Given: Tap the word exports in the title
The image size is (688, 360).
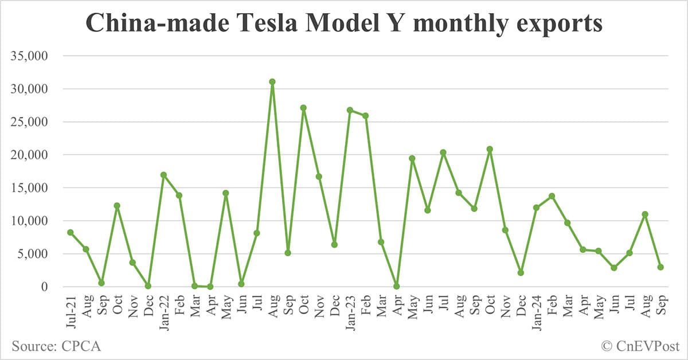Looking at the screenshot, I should (554, 24).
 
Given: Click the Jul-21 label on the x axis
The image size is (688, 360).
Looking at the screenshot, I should (70, 310).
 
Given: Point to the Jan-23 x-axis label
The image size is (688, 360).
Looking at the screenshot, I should (349, 310).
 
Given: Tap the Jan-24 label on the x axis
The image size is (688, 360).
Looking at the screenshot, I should (535, 310).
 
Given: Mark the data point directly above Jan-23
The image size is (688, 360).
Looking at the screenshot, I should (350, 110).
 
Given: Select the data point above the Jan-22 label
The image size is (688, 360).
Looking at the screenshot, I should (163, 175).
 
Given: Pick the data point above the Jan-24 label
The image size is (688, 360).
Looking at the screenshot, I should (536, 208).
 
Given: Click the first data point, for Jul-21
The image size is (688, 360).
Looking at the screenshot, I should (70, 232).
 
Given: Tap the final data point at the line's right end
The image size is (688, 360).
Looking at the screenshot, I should (660, 267).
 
